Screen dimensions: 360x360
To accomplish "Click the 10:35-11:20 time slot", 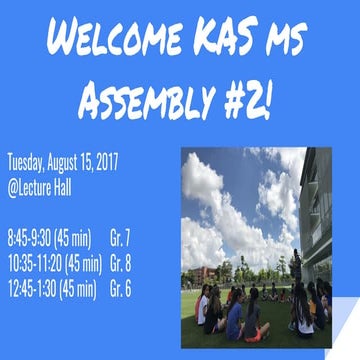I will click(34, 264).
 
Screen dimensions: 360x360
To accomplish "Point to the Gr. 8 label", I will click(122, 264).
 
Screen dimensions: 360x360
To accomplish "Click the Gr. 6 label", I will click(122, 290).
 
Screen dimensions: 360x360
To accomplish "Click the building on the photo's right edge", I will click(317, 210).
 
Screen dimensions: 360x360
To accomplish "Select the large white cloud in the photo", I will click(215, 200).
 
